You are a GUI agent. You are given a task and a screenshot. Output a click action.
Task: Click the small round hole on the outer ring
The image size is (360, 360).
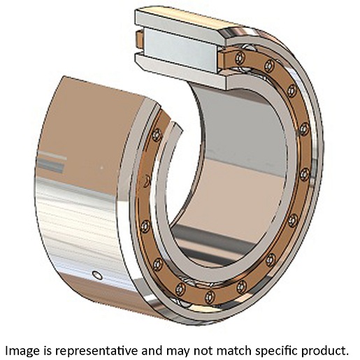coord(97,275)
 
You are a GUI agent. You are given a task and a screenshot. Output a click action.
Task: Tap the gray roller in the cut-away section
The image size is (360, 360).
coord(180,50)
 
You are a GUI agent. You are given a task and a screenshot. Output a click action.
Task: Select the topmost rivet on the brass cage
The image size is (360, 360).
coord(240,57)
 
